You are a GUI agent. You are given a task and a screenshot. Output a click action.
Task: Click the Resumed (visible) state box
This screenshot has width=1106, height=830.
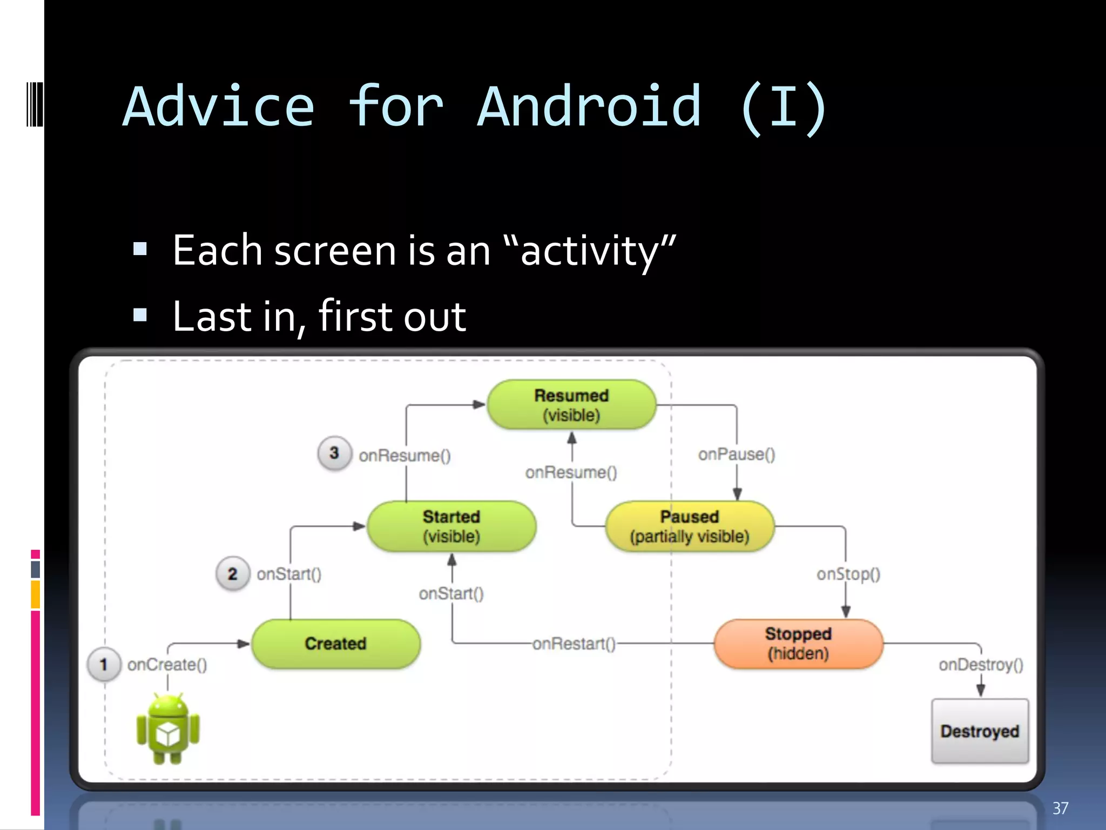[571, 405]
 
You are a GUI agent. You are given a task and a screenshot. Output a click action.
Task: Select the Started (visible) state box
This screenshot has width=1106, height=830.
[451, 526]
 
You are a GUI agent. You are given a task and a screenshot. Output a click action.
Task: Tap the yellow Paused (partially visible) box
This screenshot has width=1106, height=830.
[690, 526]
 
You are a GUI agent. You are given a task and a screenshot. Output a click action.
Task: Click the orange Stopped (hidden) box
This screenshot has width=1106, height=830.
[798, 644]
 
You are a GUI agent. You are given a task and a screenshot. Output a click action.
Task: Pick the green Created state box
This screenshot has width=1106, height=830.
[335, 644]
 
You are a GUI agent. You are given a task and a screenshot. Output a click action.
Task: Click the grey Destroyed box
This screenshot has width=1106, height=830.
[980, 731]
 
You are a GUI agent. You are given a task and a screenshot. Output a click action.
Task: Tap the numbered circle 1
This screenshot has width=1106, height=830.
[104, 664]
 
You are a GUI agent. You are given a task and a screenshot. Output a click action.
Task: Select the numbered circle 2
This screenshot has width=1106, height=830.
[233, 573]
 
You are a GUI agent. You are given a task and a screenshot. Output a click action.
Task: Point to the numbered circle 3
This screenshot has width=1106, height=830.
[334, 453]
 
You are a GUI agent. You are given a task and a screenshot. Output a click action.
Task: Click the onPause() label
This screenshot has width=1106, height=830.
[736, 454]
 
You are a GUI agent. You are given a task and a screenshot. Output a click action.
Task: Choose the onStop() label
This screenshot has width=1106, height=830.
[848, 574]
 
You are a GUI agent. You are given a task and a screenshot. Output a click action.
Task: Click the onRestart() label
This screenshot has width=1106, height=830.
[574, 644]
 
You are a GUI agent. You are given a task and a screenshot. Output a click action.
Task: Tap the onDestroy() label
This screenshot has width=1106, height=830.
[981, 665]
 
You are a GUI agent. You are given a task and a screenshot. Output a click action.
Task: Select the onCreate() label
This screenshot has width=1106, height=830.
[167, 665]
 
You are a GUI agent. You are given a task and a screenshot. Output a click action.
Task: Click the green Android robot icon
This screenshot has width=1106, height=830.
[168, 729]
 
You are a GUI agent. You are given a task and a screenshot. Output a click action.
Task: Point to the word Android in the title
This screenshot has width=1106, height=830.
[589, 107]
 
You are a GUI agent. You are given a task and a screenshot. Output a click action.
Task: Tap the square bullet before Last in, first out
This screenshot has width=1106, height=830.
[140, 314]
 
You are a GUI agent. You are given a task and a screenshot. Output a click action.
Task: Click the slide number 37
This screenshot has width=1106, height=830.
[1060, 808]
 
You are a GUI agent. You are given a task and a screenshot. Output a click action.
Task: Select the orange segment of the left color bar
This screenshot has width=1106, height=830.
[35, 594]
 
